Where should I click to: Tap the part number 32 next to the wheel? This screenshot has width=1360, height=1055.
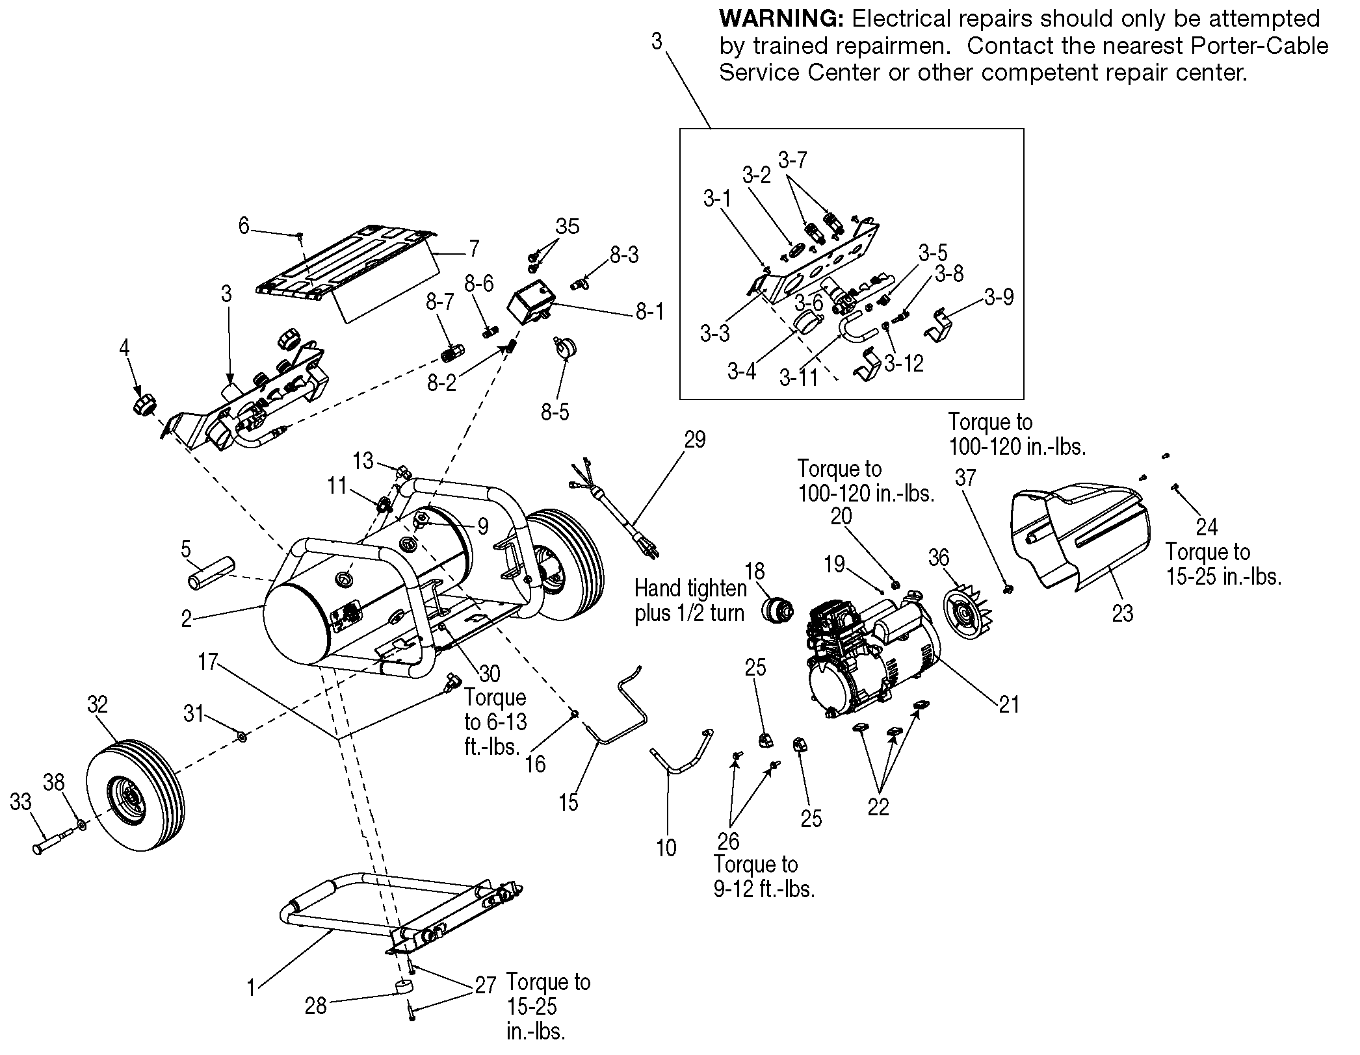[x=97, y=705]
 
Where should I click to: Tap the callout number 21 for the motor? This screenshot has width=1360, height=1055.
[x=1010, y=704]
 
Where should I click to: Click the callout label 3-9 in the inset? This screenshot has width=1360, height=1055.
[x=999, y=298]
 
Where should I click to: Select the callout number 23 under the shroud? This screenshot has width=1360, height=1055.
[x=1123, y=613]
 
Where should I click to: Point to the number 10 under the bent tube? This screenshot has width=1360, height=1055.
[x=666, y=847]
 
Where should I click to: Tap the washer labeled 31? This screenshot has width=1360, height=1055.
[x=241, y=736]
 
